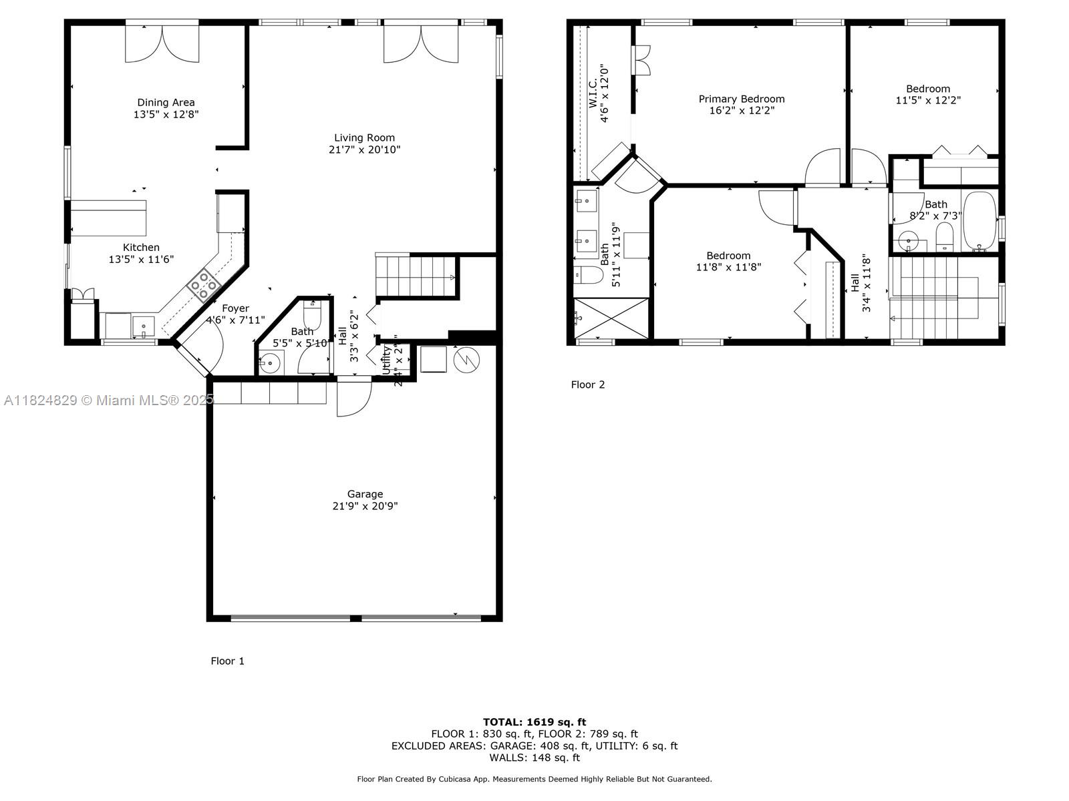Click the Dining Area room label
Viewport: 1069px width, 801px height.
pyautogui.click(x=166, y=102)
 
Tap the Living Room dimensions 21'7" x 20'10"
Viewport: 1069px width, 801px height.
pyautogui.click(x=364, y=150)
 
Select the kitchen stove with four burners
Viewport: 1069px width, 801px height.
pyautogui.click(x=203, y=286)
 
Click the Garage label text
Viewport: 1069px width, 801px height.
pyautogui.click(x=365, y=494)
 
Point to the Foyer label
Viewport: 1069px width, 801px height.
pyautogui.click(x=235, y=308)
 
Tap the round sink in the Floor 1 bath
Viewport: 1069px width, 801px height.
pyautogui.click(x=270, y=364)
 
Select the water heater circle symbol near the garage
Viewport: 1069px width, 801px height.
pyautogui.click(x=466, y=360)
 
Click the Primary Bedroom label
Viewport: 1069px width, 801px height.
pyautogui.click(x=742, y=99)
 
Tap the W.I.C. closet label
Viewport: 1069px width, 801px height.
pyautogui.click(x=593, y=93)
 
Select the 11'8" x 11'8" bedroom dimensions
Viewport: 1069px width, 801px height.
pyautogui.click(x=728, y=267)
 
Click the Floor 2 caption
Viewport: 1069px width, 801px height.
pyautogui.click(x=587, y=384)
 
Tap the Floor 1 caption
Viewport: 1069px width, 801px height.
pyautogui.click(x=227, y=661)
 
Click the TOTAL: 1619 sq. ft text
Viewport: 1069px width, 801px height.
pyautogui.click(x=534, y=722)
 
